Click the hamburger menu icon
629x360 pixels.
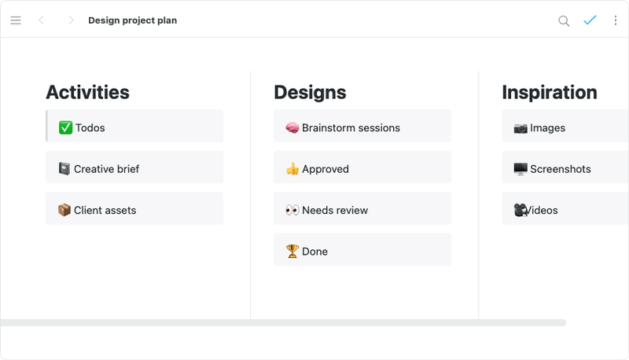coord(16,20)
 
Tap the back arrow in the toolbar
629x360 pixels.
coord(41,20)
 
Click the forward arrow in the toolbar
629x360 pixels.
coord(71,20)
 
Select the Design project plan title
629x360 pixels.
coord(132,20)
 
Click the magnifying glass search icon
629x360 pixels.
coord(564,21)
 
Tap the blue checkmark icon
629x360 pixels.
coord(590,20)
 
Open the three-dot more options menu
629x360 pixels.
coord(615,20)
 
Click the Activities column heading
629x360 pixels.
coord(87,92)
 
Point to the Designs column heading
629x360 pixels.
coord(310,92)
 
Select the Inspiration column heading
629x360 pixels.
coord(549,92)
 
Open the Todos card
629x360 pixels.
coord(134,127)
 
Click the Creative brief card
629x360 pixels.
coord(134,168)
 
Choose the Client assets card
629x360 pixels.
coord(134,210)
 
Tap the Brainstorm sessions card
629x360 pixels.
coord(362,127)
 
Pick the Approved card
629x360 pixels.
coord(362,168)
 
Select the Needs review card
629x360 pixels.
coord(362,210)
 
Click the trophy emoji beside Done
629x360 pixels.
coord(292,252)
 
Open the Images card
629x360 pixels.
coord(564,127)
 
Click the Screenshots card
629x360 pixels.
coord(564,168)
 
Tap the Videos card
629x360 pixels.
coord(564,210)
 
